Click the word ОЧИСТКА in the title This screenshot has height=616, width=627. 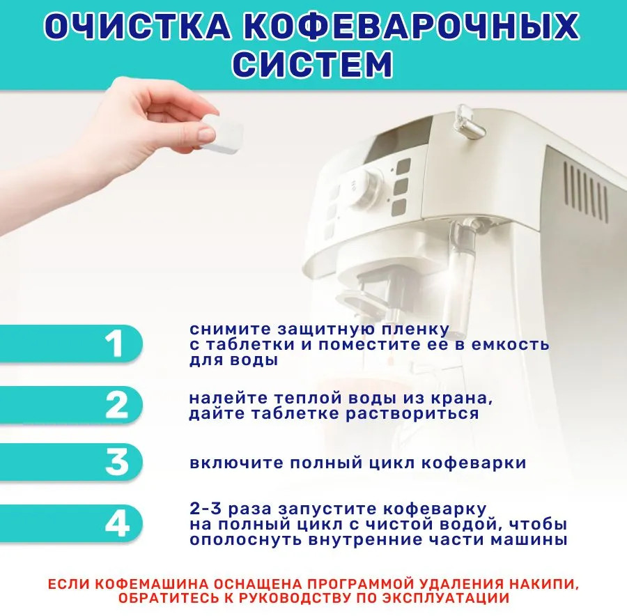click(137, 26)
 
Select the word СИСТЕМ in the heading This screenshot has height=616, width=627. click(313, 64)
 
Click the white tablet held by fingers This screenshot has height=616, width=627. click(222, 133)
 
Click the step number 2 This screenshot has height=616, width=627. click(117, 405)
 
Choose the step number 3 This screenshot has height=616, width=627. click(117, 463)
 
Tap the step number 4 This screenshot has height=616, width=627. click(117, 523)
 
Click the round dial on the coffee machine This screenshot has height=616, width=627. click(364, 188)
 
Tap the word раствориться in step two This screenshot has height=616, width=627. click(412, 414)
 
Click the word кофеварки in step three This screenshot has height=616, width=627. click(474, 463)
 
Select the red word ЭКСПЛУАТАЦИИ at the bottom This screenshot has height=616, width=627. click(445, 599)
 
